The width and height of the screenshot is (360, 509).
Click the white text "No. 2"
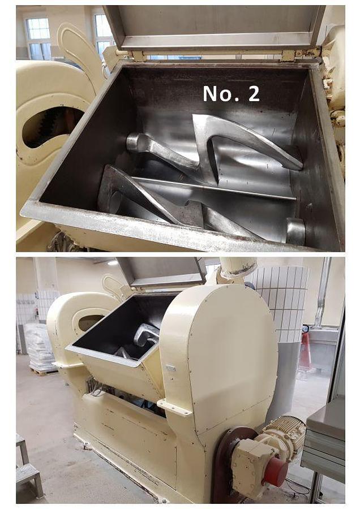(232, 93)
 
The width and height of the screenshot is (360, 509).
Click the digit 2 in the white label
(254, 93)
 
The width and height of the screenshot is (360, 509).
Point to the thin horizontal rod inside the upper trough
(215, 188)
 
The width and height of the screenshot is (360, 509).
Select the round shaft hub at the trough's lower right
(295, 231)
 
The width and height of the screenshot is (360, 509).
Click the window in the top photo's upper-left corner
(38, 38)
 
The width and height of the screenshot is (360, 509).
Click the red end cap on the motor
(276, 472)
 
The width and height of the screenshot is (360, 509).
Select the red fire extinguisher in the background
(306, 352)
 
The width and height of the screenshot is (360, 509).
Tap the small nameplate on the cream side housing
(170, 368)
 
